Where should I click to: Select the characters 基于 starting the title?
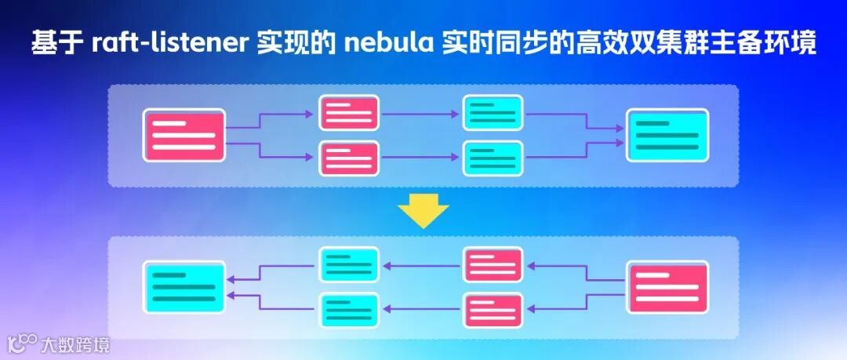pos(57,43)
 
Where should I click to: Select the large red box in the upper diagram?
pos(184,135)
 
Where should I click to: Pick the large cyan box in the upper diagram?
pos(667,135)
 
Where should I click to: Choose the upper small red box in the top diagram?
pos(349,113)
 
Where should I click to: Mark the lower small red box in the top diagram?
pos(349,158)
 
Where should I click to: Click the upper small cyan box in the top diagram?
pos(493,113)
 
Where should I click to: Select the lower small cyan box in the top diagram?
pos(493,158)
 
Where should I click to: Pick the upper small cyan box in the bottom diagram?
pos(349,264)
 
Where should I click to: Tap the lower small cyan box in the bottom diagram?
pos(349,310)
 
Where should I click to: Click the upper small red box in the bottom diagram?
pos(493,264)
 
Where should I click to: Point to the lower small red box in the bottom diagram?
pos(493,310)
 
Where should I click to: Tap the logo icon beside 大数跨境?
pos(23,344)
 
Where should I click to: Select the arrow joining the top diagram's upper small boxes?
pos(421,113)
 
